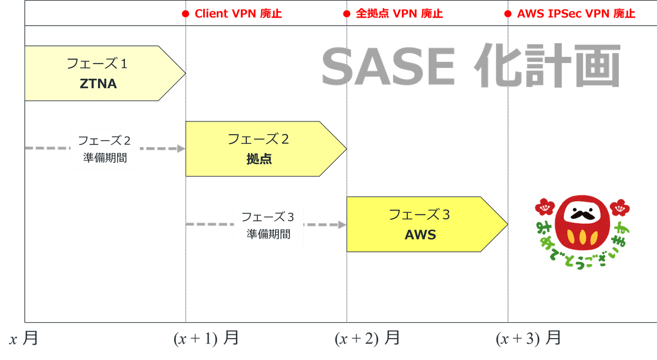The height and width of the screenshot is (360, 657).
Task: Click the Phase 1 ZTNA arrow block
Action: (x=99, y=73)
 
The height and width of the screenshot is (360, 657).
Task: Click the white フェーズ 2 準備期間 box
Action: (x=105, y=149)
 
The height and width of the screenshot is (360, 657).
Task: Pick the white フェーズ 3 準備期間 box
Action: (x=268, y=225)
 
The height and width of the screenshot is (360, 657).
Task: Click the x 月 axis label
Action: (x=23, y=339)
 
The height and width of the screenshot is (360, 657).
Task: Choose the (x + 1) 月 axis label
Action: (x=206, y=339)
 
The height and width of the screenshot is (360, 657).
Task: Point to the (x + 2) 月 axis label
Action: (x=367, y=339)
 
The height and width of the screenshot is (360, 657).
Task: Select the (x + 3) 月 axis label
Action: (x=528, y=339)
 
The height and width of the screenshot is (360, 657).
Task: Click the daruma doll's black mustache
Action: (x=582, y=215)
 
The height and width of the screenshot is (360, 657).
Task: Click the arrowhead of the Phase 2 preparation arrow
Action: (x=181, y=149)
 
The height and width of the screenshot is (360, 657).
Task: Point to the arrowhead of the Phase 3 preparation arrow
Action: (x=342, y=225)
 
